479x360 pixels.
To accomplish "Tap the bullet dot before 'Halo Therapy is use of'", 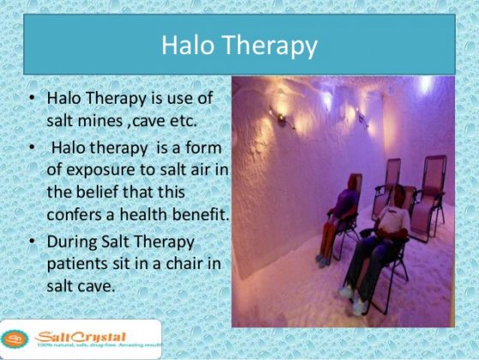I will [30, 100].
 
